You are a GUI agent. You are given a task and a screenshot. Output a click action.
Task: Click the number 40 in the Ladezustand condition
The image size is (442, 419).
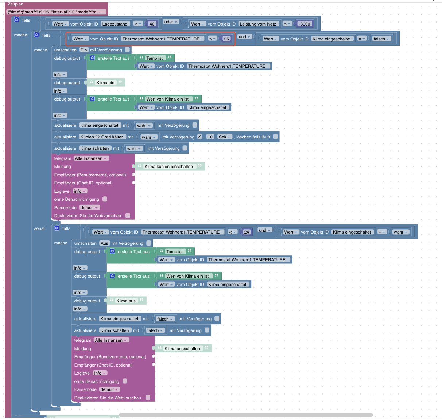click(152, 24)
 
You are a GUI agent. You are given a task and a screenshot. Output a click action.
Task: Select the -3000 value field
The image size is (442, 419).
click(305, 24)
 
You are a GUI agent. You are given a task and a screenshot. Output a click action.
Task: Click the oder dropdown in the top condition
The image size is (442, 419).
click(171, 22)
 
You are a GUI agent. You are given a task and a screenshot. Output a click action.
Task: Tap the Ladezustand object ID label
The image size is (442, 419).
click(115, 24)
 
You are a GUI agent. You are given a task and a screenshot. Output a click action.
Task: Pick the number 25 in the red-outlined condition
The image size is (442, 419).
click(226, 39)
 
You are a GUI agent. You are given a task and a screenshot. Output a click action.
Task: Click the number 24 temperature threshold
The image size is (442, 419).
click(247, 232)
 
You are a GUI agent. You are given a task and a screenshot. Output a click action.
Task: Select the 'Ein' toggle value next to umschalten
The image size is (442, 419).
click(84, 50)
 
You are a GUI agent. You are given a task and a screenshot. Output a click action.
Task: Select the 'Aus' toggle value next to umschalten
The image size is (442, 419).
click(104, 243)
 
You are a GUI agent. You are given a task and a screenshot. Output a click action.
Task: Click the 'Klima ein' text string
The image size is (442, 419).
click(105, 83)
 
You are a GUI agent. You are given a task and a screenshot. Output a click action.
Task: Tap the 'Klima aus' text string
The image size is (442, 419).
click(126, 301)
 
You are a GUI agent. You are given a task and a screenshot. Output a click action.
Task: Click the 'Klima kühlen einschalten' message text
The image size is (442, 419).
click(168, 167)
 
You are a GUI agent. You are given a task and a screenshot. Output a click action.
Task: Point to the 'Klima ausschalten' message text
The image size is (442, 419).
click(182, 349)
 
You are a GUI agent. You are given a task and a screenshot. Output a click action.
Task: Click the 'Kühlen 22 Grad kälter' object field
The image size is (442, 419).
click(102, 137)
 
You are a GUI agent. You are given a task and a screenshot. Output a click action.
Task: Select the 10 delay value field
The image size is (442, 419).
click(210, 137)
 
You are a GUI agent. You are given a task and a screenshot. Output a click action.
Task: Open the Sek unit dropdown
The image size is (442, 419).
click(224, 137)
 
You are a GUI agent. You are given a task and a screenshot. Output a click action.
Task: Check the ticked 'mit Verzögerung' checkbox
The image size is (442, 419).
click(199, 137)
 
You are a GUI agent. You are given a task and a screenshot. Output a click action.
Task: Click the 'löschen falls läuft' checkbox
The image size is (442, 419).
click(276, 137)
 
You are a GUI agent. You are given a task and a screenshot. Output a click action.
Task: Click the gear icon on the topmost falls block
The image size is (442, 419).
click(17, 20)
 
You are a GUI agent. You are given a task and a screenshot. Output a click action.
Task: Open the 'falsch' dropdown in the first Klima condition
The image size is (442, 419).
click(381, 39)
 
